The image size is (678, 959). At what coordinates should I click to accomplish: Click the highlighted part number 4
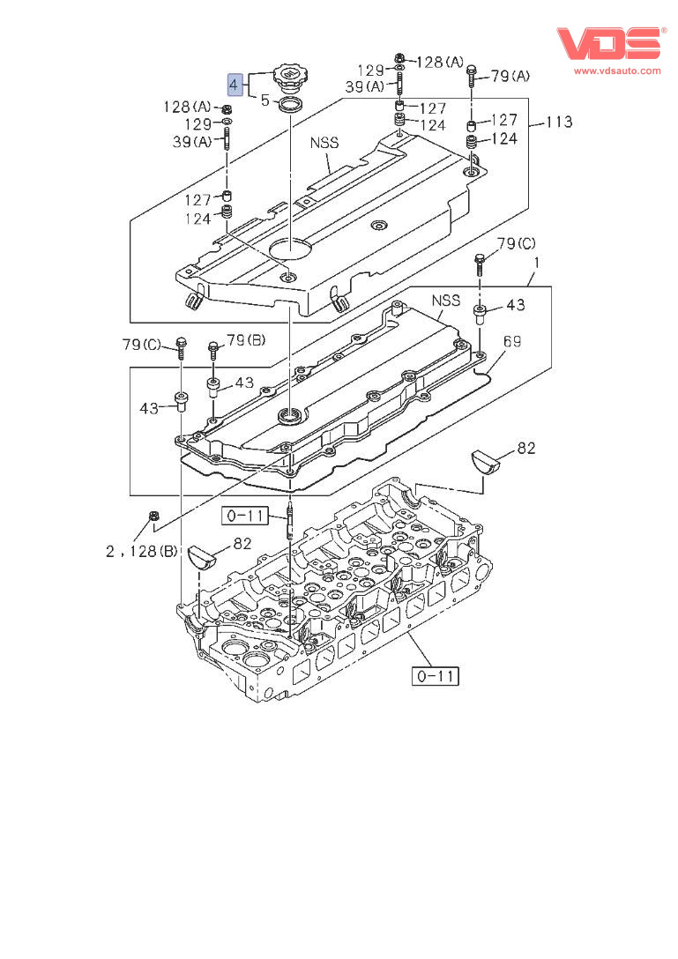[234, 85]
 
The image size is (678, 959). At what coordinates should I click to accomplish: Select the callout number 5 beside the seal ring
[264, 100]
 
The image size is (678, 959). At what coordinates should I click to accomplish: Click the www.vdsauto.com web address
[617, 71]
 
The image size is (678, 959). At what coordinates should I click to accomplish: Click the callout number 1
[537, 263]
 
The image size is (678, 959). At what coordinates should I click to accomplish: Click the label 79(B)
[246, 339]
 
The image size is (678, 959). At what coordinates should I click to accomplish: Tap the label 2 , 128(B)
[142, 552]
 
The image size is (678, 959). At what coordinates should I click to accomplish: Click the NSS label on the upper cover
[324, 142]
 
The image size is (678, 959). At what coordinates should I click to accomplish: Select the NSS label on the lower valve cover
[446, 301]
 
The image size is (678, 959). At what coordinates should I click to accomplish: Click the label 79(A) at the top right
[510, 77]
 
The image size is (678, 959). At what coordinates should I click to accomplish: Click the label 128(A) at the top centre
[440, 62]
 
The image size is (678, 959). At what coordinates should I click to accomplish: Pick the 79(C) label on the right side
[516, 243]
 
